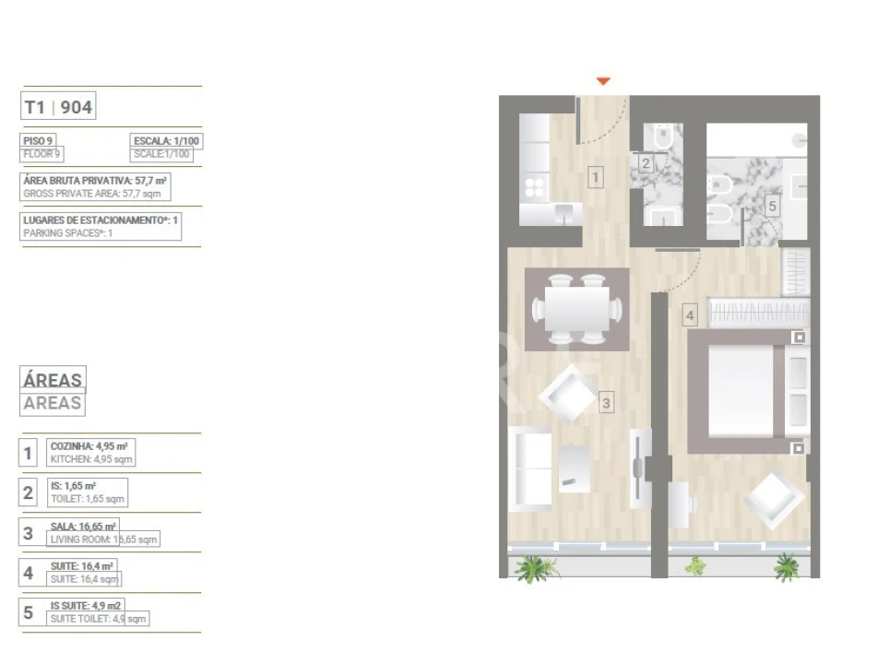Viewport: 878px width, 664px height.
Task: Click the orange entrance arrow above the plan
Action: [x=603, y=81]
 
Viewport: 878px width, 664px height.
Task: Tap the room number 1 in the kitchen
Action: [x=596, y=176]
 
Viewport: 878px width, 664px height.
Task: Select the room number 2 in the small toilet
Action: [x=646, y=164]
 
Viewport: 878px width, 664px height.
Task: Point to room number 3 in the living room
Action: [x=606, y=402]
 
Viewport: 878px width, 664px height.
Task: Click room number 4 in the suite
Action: [x=690, y=315]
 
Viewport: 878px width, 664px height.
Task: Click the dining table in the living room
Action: [x=577, y=308]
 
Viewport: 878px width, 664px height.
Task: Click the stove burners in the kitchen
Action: [x=534, y=188]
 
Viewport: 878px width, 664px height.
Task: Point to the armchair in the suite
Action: [x=775, y=499]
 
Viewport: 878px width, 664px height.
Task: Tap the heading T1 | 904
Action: [x=58, y=107]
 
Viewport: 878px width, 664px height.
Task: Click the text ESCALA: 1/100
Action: [x=166, y=141]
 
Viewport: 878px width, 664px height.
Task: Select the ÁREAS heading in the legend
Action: [x=53, y=379]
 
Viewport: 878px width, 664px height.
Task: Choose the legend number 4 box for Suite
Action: [x=29, y=573]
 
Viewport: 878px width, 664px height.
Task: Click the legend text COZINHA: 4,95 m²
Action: [x=89, y=445]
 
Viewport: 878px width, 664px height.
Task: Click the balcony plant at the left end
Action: [x=534, y=566]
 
